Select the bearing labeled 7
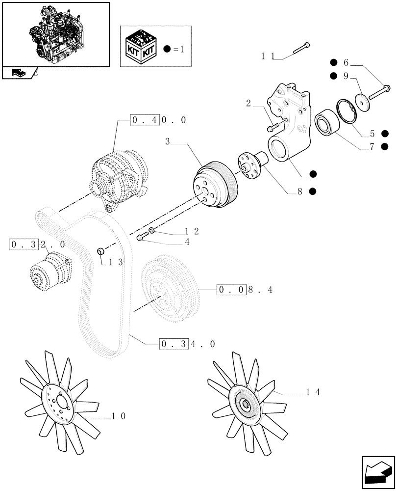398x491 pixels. coord(325,123)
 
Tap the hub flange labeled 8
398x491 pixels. coord(252,164)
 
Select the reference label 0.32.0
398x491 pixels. coord(37,244)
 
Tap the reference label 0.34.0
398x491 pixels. coord(187,344)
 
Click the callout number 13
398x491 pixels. coord(115,262)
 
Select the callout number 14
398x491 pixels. coord(313,391)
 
